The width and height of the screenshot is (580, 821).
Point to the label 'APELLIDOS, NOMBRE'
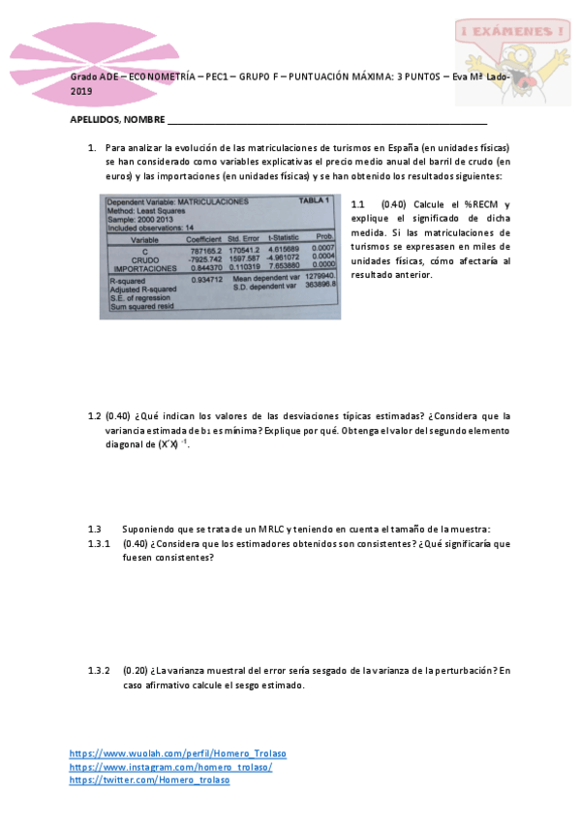point(117,122)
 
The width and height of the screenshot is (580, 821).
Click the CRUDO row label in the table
point(145,258)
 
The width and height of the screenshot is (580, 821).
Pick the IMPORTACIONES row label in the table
point(145,267)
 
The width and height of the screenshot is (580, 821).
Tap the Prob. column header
point(324,238)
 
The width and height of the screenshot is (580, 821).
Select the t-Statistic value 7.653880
point(287,266)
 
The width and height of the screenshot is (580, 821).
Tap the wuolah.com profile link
point(178,753)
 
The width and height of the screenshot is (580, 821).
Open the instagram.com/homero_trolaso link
point(171,767)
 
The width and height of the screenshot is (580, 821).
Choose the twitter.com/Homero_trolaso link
point(150,780)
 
